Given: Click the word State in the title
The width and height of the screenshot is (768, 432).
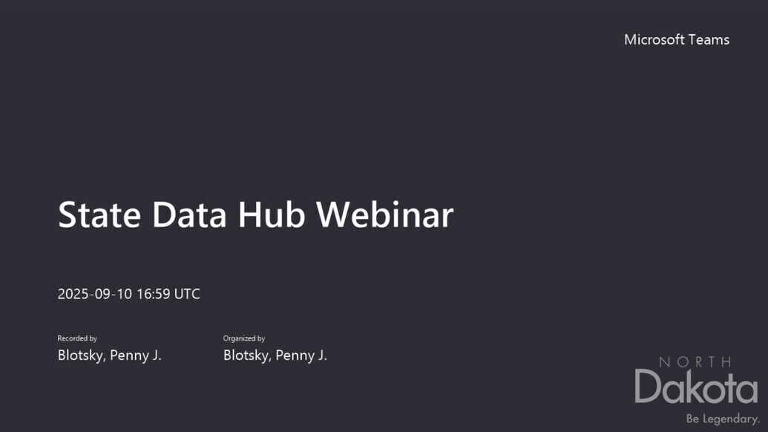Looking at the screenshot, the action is click(99, 215).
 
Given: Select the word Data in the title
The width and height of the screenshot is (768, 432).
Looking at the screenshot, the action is click(189, 215).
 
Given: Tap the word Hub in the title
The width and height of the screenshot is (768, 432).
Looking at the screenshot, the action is click(272, 215).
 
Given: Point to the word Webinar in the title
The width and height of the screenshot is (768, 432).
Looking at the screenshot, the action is click(385, 215).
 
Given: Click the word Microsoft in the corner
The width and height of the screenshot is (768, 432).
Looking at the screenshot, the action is click(654, 39).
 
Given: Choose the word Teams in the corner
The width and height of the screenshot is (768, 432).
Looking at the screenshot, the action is click(709, 39).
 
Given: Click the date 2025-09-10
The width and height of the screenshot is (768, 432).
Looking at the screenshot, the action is click(95, 294).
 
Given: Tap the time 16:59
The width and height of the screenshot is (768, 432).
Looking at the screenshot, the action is click(154, 294).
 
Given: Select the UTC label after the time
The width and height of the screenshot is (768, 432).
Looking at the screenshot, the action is click(187, 294).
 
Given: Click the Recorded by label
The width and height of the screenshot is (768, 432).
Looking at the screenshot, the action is click(77, 338).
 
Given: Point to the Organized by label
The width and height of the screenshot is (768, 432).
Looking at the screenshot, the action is click(244, 338).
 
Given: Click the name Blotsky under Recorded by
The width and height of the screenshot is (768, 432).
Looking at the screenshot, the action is click(82, 355).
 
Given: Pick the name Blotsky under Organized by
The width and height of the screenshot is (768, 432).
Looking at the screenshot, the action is click(247, 355).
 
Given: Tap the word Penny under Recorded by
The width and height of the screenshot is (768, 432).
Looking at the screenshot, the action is click(129, 356).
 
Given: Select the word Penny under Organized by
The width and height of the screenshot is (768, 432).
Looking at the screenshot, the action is click(295, 356).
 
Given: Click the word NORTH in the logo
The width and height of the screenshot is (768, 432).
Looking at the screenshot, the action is click(695, 362).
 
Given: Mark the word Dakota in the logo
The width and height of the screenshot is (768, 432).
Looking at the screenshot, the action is click(697, 387).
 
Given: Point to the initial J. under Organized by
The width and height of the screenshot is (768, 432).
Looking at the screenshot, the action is click(322, 355).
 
